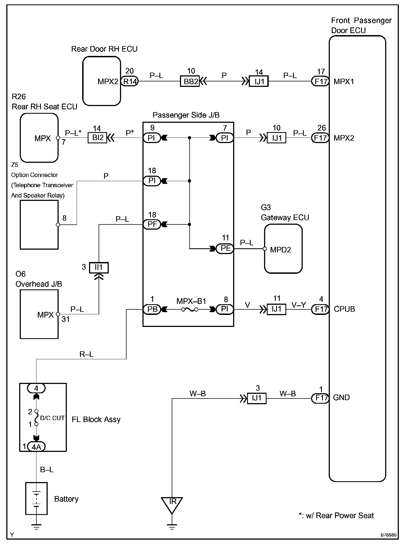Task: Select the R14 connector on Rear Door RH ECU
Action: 130,81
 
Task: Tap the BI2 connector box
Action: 97,138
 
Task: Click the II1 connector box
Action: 99,267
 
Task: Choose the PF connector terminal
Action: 152,224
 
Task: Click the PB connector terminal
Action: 152,309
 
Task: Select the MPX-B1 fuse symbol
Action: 190,310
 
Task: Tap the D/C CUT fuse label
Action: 52,418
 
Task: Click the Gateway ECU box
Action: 283,249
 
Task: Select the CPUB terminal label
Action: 344,309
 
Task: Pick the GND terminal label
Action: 341,397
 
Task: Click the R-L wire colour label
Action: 87,354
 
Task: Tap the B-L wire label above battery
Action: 47,470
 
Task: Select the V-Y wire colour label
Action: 299,305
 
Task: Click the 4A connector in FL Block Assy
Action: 36,447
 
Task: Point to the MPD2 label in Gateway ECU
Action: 281,250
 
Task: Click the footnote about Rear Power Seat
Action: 336,515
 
